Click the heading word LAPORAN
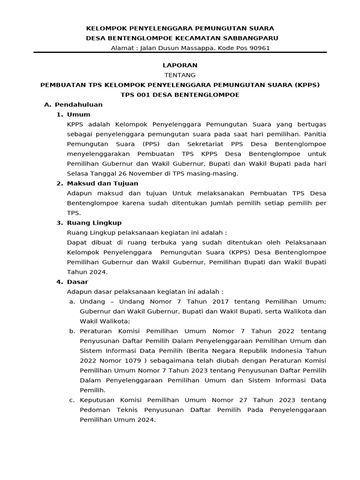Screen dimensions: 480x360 180,65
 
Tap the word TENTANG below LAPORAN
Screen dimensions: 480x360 180,75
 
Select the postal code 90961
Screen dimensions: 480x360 260,48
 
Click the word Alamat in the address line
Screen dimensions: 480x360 122,48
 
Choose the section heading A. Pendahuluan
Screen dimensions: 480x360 73,105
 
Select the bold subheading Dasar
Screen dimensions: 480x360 78,282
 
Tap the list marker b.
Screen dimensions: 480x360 72,331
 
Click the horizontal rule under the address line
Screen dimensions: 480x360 180,52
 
